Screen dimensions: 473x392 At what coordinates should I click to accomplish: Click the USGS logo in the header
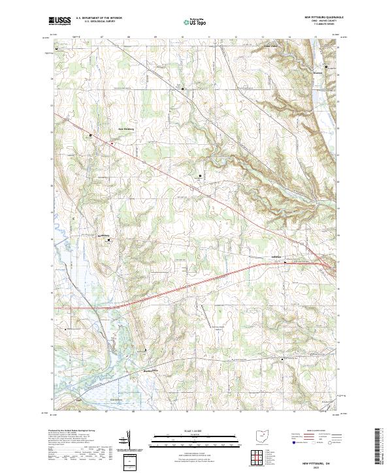click(x=59, y=22)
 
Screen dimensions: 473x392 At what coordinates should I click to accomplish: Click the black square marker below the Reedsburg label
click(x=109, y=241)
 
